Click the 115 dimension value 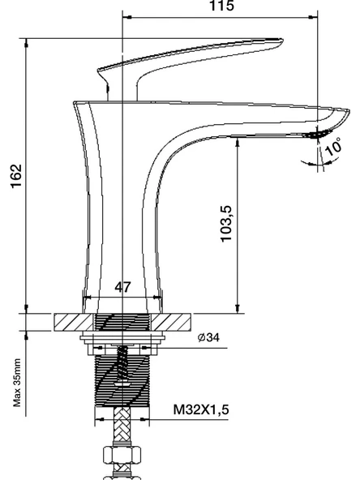click(221, 6)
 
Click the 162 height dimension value click(16, 176)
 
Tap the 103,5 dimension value click(226, 224)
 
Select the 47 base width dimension click(122, 287)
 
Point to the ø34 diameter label click(208, 337)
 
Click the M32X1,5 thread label click(201, 409)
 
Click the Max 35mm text click(17, 383)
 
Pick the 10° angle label click(333, 147)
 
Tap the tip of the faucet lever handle click(281, 41)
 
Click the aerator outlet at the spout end click(318, 134)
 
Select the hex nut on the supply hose click(122, 455)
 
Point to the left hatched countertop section click(74, 322)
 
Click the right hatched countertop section click(171, 322)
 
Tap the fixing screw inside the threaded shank click(122, 364)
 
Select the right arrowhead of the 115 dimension click(313, 18)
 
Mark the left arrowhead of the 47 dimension click(88, 297)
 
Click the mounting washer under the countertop click(122, 338)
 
